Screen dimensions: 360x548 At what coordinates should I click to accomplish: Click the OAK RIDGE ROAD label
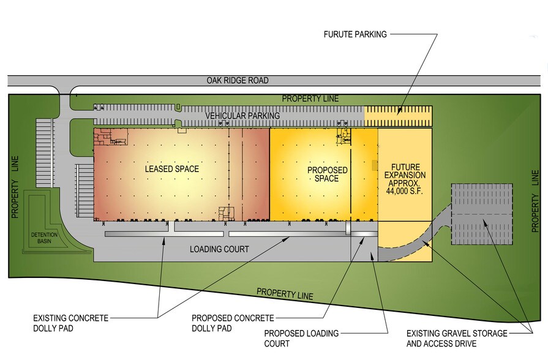tap(237, 81)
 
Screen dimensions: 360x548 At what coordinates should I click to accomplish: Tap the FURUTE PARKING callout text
tap(355, 34)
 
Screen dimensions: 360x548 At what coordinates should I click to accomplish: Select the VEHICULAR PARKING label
tap(242, 116)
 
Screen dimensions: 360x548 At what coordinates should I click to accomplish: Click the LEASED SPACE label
tap(171, 168)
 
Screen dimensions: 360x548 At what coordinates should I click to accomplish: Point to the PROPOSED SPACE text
tap(327, 174)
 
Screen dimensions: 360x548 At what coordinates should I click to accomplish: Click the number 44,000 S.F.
tap(404, 192)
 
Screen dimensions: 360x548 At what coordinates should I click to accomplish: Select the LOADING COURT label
tap(219, 249)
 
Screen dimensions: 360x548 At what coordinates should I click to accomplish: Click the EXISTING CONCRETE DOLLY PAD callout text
tap(71, 323)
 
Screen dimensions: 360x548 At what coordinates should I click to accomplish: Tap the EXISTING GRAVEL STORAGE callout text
tap(457, 334)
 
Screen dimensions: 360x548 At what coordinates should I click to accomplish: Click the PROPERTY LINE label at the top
tap(310, 99)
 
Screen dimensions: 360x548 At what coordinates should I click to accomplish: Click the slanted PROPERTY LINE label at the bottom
tap(285, 294)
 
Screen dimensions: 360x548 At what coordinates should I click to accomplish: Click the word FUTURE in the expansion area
tap(404, 167)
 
